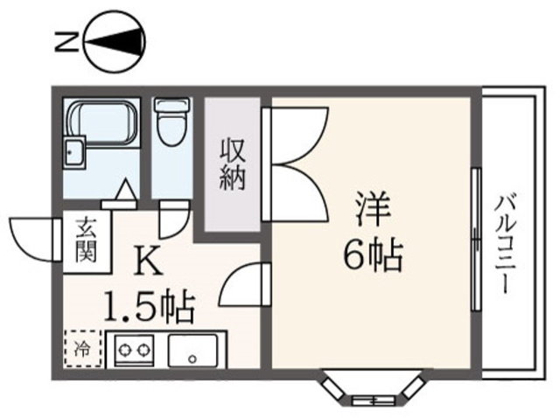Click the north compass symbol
pos(115,42)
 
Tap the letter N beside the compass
pos(66,41)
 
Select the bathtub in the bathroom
pos(102,123)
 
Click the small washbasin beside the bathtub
pos(74,151)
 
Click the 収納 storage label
pos(233,164)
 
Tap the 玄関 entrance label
pos(87,240)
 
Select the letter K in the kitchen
pos(149,261)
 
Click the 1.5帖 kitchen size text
pos(150,307)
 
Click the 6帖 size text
pos(373,255)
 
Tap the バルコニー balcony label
pos(503,244)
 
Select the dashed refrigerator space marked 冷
pos(83,348)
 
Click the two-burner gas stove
pos(134,349)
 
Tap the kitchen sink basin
pos(192,350)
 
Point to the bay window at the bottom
pos(372,388)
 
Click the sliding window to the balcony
pos(476,239)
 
